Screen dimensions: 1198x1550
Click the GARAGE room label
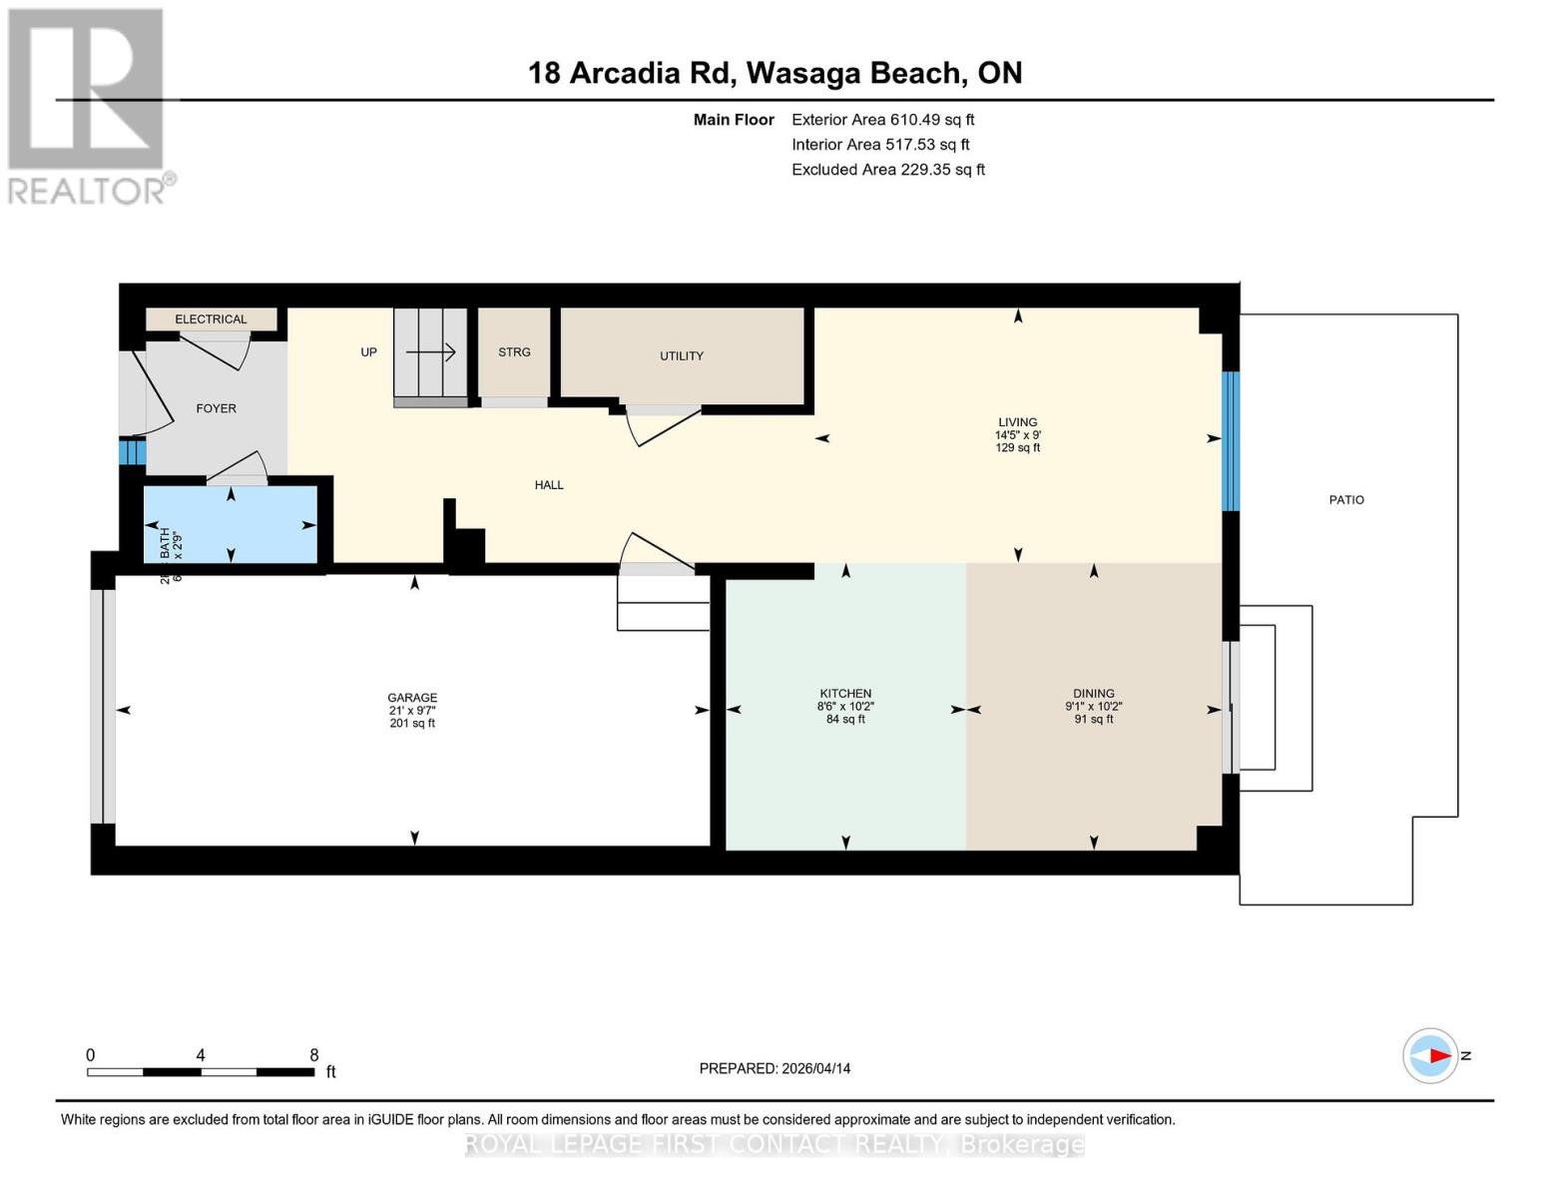point(412,698)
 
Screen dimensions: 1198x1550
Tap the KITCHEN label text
point(845,693)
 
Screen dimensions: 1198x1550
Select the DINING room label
point(1094,693)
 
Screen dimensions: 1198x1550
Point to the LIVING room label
point(1017,422)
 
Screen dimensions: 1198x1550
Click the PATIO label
point(1345,500)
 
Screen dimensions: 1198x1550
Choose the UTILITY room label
point(682,355)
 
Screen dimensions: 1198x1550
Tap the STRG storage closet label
point(514,352)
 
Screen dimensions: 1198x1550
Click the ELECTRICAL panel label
point(211,319)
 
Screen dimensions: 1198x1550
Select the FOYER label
point(216,408)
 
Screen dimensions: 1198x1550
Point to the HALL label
point(549,485)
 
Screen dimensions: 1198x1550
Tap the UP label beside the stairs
point(368,352)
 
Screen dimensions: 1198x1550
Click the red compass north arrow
point(1437,1055)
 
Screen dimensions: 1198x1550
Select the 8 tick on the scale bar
point(313,1055)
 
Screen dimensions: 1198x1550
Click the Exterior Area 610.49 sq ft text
point(882,120)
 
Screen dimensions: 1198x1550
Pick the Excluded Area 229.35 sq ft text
point(887,170)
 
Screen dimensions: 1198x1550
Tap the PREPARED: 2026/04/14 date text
point(775,1068)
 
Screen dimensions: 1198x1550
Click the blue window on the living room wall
point(1231,441)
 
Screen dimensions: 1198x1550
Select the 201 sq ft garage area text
point(412,723)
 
